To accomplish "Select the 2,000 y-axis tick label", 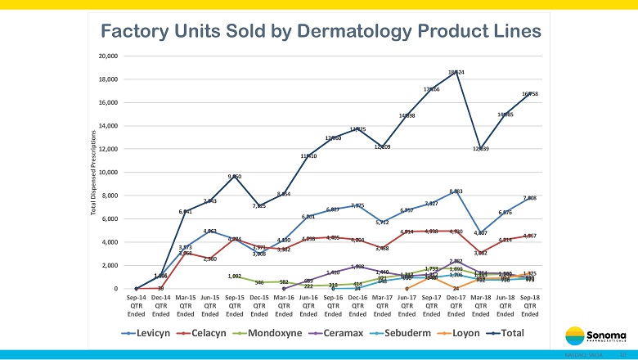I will pyautogui.click(x=110, y=266).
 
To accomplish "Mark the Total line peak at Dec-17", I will pyautogui.click(x=456, y=75).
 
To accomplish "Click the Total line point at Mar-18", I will pyautogui.click(x=481, y=146).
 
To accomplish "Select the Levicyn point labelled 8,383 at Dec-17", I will pyautogui.click(x=456, y=191).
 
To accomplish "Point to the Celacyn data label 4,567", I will pyautogui.click(x=530, y=236).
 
